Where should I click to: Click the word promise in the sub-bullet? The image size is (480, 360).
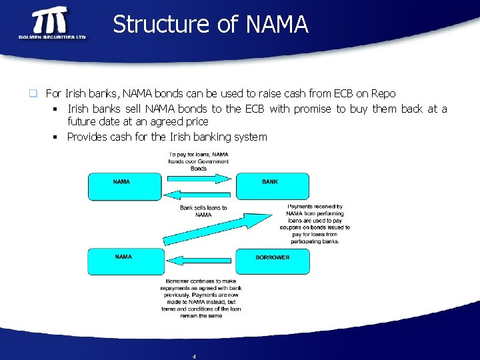pyautogui.click(x=313, y=109)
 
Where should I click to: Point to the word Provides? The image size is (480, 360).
pyautogui.click(x=89, y=137)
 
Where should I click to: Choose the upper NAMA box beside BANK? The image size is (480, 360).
pyautogui.click(x=125, y=187)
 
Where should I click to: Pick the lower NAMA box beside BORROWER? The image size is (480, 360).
pyautogui.click(x=125, y=261)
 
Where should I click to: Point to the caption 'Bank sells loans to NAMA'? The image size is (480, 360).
pyautogui.click(x=203, y=211)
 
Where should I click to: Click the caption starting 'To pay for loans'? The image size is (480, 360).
pyautogui.click(x=199, y=161)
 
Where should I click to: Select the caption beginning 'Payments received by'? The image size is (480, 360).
pyautogui.click(x=315, y=224)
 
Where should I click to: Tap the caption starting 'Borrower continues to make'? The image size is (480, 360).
pyautogui.click(x=201, y=299)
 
